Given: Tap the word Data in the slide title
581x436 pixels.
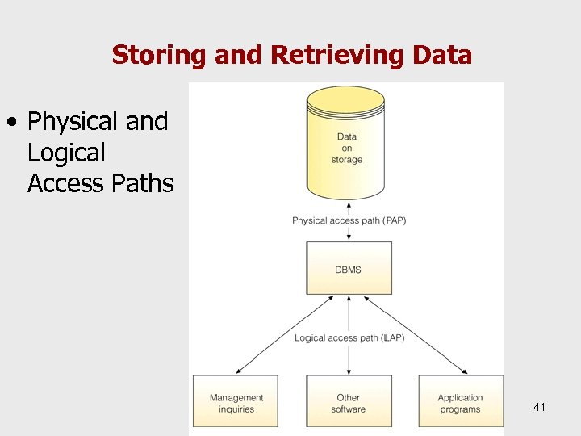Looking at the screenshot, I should [441, 55].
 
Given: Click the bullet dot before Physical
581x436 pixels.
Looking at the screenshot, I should [11, 123].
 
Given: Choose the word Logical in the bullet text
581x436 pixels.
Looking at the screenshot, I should [66, 153].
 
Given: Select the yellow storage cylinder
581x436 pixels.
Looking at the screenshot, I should [346, 145].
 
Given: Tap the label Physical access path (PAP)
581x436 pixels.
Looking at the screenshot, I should [349, 220].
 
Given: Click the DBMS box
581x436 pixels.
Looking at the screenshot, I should [349, 269].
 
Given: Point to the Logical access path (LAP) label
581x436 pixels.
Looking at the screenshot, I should [349, 337].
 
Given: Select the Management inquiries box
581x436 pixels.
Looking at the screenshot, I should [236, 403].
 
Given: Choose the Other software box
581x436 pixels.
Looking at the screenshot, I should [349, 403].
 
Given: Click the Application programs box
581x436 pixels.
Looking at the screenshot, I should [460, 403].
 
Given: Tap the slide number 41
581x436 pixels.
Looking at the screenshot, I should [539, 407].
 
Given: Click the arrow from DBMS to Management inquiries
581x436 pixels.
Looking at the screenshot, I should [282, 336].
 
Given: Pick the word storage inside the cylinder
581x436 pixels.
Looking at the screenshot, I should [347, 160].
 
